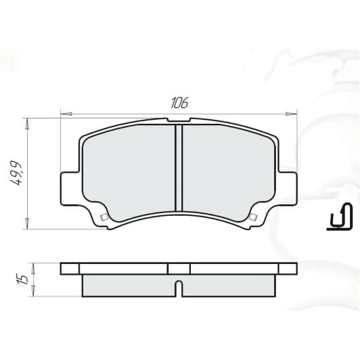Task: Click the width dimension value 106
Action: tap(179, 103)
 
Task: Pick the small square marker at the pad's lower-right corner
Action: tap(253, 217)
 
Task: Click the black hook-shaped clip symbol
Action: tap(340, 218)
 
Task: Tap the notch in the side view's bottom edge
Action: tap(179, 287)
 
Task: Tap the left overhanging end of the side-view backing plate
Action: tap(70, 269)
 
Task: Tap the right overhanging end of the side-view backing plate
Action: tap(287, 269)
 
